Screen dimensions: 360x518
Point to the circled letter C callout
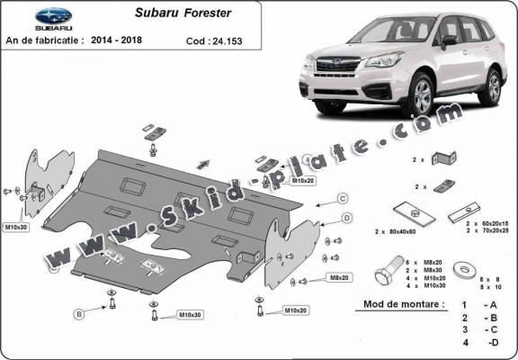(x=343, y=198)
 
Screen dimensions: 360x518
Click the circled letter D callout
(x=347, y=218)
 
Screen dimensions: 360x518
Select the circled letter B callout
(x=79, y=313)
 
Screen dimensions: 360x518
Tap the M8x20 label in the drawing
(x=339, y=279)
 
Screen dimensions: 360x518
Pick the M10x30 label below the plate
(x=190, y=315)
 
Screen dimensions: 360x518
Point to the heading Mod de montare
(x=404, y=304)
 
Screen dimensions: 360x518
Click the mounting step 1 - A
(x=478, y=306)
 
